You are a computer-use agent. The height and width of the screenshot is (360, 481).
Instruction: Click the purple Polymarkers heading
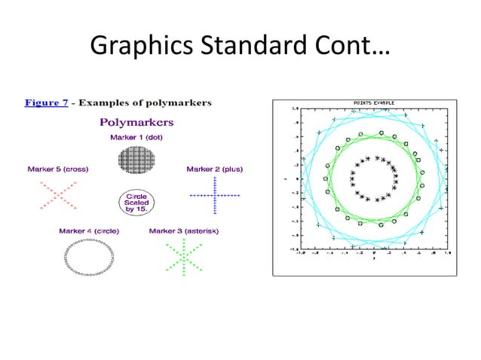coord(136,121)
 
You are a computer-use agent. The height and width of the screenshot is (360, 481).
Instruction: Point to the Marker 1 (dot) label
coord(138,137)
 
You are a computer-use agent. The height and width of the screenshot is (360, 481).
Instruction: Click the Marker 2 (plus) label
coord(214,169)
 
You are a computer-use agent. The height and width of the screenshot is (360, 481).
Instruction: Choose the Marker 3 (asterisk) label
coord(184,230)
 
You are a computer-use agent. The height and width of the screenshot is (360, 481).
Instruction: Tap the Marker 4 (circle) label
coord(89,230)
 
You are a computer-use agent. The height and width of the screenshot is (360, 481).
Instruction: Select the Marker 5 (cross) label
coord(57,169)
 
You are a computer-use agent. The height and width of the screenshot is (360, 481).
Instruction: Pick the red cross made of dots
coord(57,195)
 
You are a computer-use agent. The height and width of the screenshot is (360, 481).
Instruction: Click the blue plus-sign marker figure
coord(214,195)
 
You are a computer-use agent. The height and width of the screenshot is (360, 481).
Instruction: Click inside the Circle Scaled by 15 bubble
coord(136,202)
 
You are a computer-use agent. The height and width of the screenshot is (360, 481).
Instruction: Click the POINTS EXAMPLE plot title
coord(374,103)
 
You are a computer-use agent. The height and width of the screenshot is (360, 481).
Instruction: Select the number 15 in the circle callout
coord(141,209)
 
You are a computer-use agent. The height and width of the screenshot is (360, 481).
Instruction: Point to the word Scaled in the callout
coord(136,202)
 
